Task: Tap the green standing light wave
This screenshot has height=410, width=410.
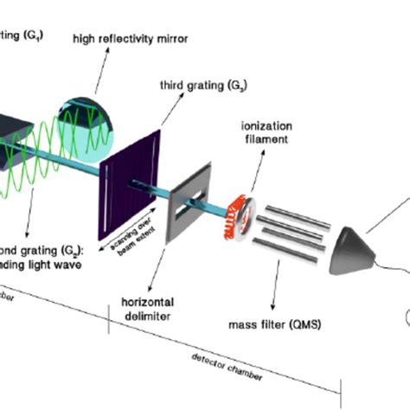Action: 39,173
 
